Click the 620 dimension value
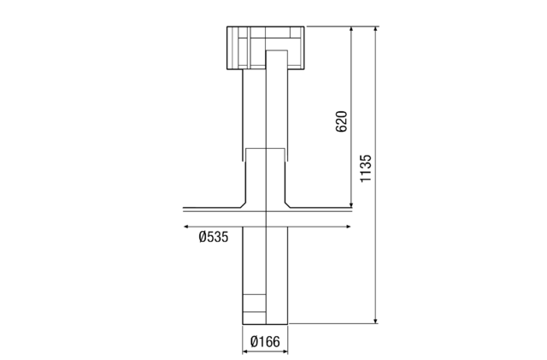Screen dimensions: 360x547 (x=341, y=121)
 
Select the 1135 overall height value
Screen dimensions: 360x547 (x=366, y=168)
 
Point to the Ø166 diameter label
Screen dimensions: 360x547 (x=266, y=342)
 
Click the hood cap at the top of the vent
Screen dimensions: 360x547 (x=265, y=47)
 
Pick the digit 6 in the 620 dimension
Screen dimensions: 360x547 (x=341, y=128)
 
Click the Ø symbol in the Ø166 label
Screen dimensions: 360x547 (x=255, y=342)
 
